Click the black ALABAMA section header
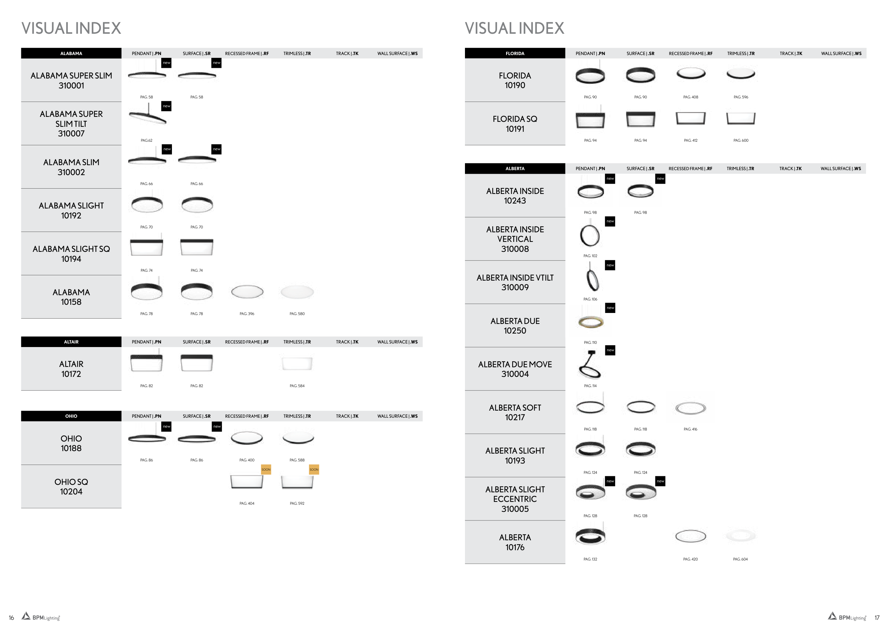[x=71, y=53]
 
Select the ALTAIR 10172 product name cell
[x=71, y=369]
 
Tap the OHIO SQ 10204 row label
[x=71, y=487]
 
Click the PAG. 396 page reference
[x=247, y=314]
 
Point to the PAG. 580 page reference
[x=297, y=314]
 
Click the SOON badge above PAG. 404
[x=266, y=470]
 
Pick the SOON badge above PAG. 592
[x=314, y=470]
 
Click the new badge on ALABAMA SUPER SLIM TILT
[x=166, y=106]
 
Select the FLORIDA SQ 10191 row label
[x=515, y=124]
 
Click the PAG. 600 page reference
[x=741, y=140]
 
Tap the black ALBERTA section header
[x=515, y=169]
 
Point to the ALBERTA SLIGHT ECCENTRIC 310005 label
[x=515, y=499]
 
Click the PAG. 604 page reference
[x=740, y=559]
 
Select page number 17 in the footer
[x=877, y=618]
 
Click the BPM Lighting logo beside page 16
[x=41, y=617]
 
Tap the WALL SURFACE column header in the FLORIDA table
[x=841, y=53]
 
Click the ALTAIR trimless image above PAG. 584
[x=297, y=363]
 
